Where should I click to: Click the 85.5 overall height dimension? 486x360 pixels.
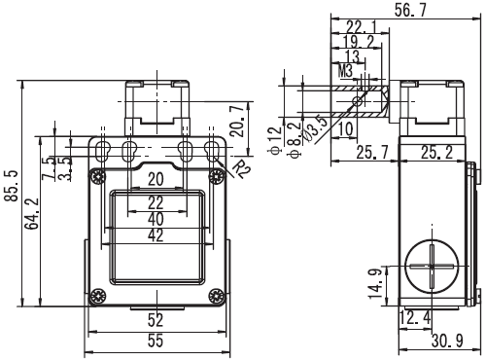click(14, 185)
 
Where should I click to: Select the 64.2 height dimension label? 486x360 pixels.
click(33, 213)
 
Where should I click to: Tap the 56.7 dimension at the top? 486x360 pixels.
click(411, 10)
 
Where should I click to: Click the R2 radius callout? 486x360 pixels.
click(240, 169)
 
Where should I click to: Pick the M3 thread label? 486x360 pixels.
click(345, 71)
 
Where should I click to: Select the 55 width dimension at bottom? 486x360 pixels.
click(156, 341)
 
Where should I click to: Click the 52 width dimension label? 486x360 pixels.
click(156, 320)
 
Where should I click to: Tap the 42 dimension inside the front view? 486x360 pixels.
click(156, 235)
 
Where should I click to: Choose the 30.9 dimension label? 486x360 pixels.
click(447, 341)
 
